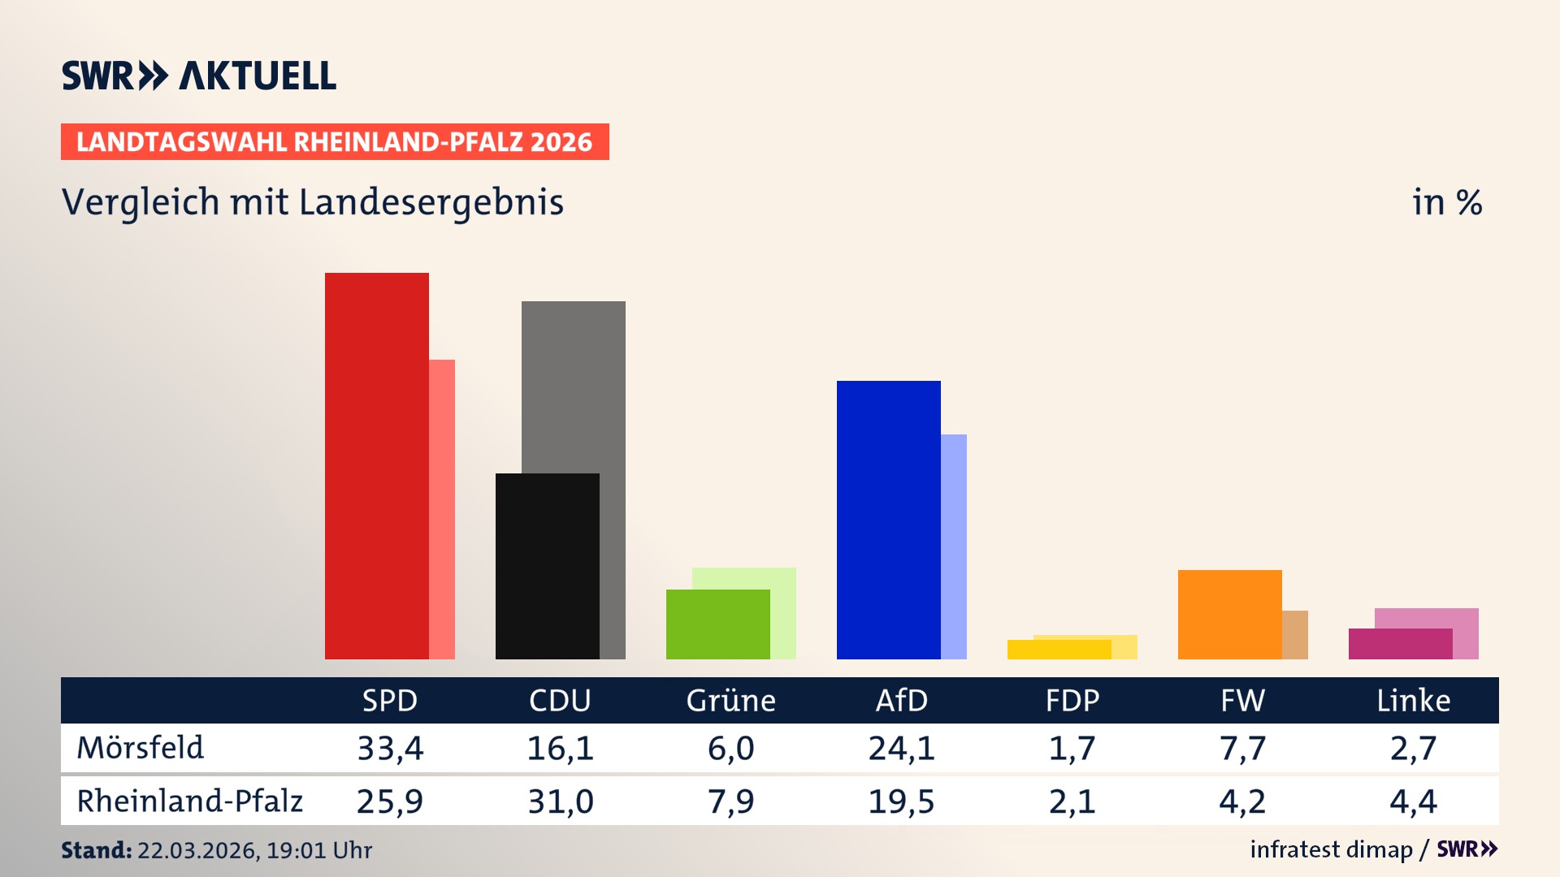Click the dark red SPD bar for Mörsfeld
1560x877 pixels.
click(x=377, y=466)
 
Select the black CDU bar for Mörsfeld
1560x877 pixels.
click(x=548, y=566)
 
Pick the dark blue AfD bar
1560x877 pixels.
click(x=889, y=520)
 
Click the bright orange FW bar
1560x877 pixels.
click(x=1230, y=615)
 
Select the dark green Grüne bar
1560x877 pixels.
click(x=718, y=624)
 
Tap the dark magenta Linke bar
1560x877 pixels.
click(x=1401, y=644)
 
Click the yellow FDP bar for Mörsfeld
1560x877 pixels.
click(x=1059, y=650)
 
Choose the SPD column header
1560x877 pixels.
click(x=390, y=701)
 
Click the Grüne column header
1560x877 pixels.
click(x=731, y=701)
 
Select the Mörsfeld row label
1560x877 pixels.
click(x=141, y=748)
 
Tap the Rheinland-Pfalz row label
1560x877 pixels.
click(x=189, y=801)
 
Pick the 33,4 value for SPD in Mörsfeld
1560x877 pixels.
click(x=390, y=748)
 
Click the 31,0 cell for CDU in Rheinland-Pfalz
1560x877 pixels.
click(x=561, y=801)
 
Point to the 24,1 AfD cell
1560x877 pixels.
click(x=902, y=748)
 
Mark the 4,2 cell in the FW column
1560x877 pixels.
click(x=1242, y=801)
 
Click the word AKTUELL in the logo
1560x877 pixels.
click(x=258, y=76)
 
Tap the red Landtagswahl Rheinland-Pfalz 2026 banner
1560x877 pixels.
click(x=335, y=142)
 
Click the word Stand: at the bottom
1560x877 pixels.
click(x=96, y=850)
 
